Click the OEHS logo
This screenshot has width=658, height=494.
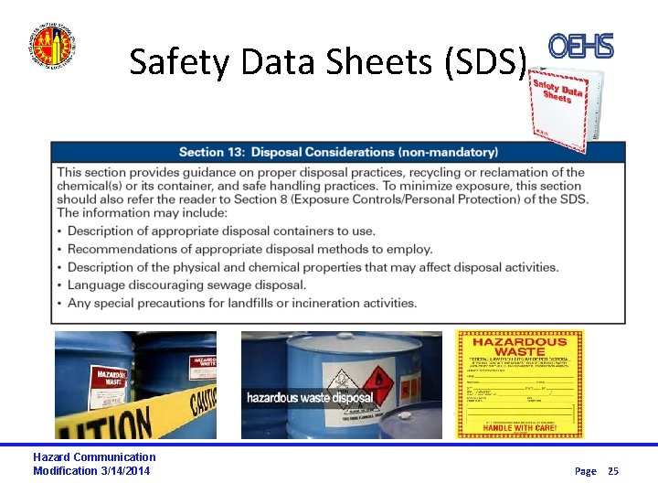click(581, 47)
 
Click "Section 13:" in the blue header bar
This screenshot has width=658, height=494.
click(213, 152)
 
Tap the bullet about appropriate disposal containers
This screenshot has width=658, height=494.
click(221, 231)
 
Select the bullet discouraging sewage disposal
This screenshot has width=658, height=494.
click(186, 285)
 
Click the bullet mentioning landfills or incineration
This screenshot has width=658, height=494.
click(242, 303)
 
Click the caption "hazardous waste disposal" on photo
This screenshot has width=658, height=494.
click(309, 398)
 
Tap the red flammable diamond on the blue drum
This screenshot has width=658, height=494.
click(376, 380)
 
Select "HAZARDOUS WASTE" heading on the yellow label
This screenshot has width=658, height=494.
click(519, 348)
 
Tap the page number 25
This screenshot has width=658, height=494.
click(613, 471)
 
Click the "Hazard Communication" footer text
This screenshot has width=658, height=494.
click(94, 457)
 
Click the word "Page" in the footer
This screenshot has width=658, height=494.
click(585, 471)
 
